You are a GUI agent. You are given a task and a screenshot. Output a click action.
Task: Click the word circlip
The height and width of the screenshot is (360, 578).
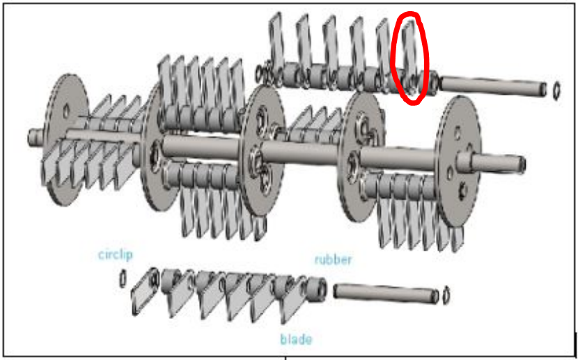tap(116, 255)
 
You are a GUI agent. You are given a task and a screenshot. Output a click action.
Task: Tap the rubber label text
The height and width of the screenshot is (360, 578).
tap(334, 260)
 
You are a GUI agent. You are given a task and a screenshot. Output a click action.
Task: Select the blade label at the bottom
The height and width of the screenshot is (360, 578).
tap(296, 339)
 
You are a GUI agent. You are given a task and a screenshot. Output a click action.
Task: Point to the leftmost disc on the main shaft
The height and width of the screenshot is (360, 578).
tap(65, 139)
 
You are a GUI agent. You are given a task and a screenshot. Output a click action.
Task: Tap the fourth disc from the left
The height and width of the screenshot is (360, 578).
tap(361, 156)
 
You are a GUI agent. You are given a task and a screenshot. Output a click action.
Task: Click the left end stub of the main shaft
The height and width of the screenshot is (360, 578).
tap(35, 136)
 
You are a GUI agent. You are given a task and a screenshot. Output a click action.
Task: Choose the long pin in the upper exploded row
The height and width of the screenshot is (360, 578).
tap(493, 86)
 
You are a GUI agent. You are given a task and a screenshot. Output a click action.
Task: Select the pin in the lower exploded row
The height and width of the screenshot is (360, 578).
tap(386, 292)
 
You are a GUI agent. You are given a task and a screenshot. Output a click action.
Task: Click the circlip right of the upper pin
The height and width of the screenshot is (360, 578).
tap(556, 91)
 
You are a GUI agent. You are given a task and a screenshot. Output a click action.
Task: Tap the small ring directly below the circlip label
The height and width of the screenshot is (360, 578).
tap(123, 279)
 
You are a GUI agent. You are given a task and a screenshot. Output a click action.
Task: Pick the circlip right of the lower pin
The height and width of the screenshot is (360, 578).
tap(446, 295)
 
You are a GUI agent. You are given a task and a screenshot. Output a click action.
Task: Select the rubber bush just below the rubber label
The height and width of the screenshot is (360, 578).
tap(316, 289)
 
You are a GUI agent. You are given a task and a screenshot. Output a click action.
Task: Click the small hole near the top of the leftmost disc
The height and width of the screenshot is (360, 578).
tap(65, 111)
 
